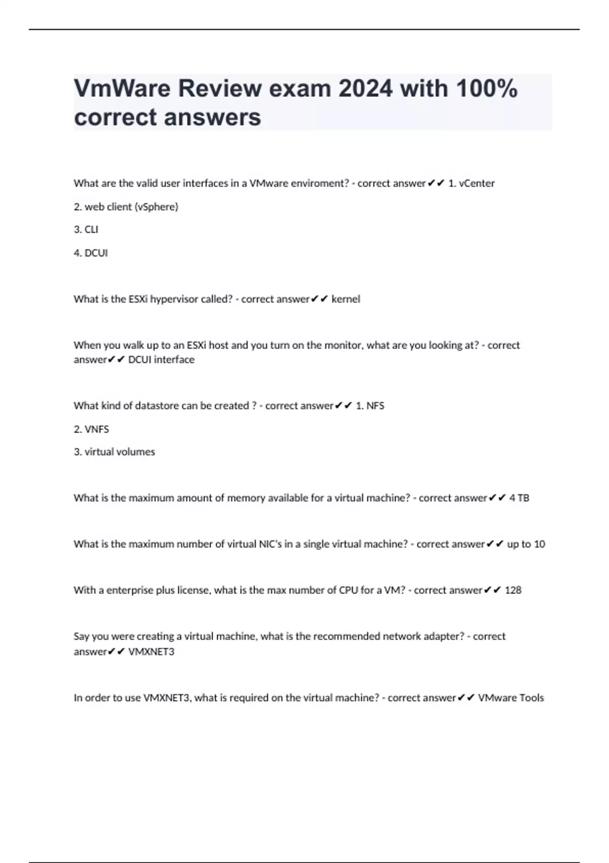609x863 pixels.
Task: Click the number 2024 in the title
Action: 365,89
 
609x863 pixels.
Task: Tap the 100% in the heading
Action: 486,89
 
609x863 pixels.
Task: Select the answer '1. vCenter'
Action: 471,183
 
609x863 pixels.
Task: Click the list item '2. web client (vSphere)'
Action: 126,207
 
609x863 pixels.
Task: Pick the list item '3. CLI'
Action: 86,229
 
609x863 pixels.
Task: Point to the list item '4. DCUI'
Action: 91,253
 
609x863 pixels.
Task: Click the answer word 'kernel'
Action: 346,299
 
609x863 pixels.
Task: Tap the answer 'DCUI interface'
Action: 161,359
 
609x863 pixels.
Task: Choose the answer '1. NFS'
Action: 370,406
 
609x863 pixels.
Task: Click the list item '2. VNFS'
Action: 91,429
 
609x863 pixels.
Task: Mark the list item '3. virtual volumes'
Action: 114,452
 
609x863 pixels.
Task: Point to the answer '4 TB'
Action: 519,498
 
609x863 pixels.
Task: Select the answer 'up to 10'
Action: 526,544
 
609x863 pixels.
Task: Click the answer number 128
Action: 513,590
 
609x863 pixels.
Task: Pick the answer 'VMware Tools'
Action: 511,698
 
